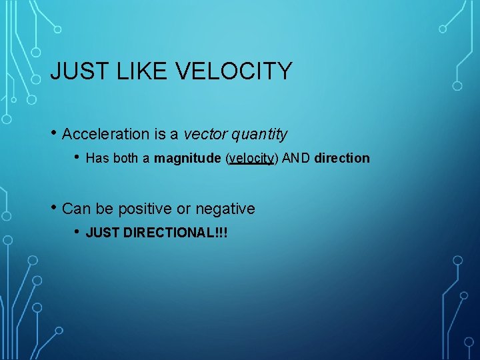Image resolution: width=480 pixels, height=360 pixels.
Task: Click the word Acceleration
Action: click(x=105, y=134)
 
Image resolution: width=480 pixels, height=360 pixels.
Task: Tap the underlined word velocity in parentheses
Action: click(x=251, y=159)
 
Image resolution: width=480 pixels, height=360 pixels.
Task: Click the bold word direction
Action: click(x=341, y=158)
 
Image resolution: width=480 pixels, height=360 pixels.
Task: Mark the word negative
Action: click(x=225, y=209)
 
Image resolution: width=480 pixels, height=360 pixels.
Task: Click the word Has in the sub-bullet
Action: click(x=96, y=158)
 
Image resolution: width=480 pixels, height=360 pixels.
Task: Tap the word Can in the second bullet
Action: click(x=76, y=209)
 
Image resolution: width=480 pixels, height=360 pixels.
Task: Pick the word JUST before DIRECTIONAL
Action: click(x=103, y=233)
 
